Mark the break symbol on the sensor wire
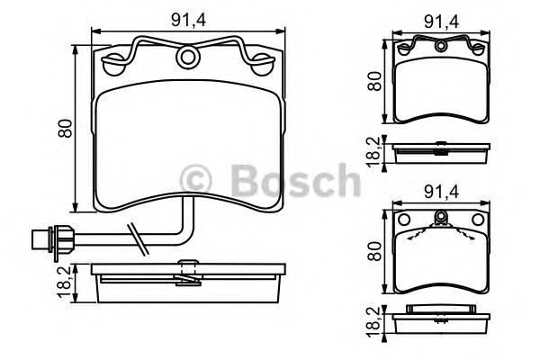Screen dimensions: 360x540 pos(136,237)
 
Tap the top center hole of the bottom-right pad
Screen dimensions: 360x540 pos(442,217)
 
